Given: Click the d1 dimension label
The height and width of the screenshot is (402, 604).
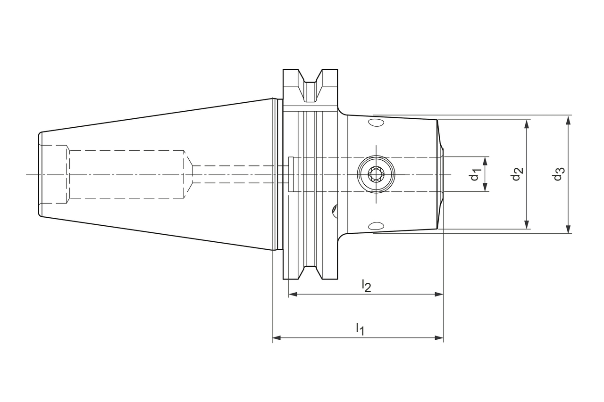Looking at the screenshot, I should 475,174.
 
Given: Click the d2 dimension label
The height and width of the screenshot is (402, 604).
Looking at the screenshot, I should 517,174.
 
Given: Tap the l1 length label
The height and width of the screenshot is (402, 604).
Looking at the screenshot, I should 360,328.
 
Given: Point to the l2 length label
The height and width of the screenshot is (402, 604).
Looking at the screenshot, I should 366,285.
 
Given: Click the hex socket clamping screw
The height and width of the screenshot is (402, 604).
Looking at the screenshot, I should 376,174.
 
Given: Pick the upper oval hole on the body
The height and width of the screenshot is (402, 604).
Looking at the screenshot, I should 376,123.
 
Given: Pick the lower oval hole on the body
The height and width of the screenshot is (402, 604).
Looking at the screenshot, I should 376,225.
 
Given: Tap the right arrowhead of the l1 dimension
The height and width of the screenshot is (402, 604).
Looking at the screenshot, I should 439,338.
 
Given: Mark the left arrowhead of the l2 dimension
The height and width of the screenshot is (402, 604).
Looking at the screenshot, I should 293,294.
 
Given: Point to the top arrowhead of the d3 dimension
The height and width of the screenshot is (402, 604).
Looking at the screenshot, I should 568,119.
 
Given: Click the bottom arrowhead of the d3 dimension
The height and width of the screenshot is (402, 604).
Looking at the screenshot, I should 568,229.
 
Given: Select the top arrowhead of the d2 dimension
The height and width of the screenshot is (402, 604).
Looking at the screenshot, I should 527,123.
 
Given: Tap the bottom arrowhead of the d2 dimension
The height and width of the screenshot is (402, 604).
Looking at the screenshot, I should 527,225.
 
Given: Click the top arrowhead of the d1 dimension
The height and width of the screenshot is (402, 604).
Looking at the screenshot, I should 485,161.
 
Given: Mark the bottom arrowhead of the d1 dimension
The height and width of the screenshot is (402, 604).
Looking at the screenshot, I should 485,188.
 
